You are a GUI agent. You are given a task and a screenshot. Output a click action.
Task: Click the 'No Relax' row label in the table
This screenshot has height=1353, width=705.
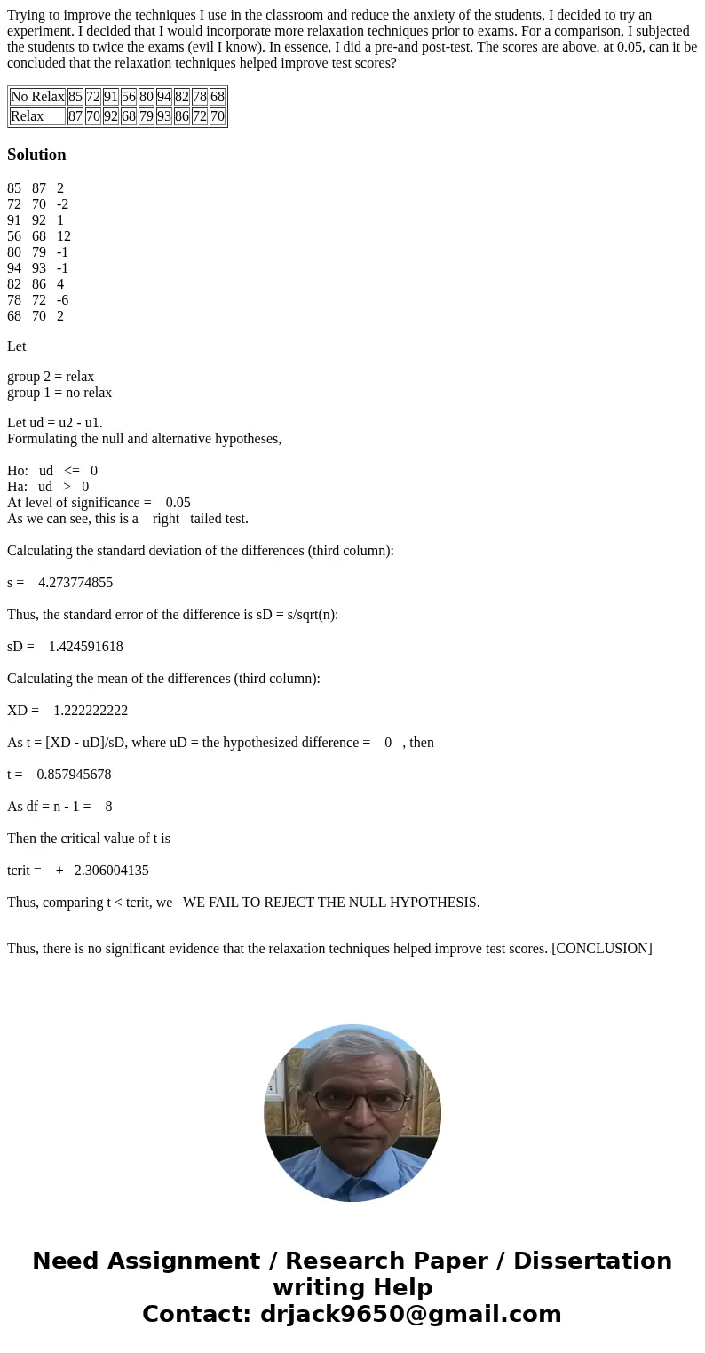tap(37, 97)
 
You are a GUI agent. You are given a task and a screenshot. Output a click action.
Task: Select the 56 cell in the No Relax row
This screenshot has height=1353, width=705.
tap(129, 97)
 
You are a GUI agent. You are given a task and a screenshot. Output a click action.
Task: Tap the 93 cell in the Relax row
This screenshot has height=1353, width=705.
tap(164, 116)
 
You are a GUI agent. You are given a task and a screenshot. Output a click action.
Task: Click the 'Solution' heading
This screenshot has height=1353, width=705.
tap(36, 155)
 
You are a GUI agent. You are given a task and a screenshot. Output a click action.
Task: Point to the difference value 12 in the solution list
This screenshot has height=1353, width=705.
tap(63, 236)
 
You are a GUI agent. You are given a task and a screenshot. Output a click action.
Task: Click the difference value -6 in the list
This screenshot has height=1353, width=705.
tap(62, 300)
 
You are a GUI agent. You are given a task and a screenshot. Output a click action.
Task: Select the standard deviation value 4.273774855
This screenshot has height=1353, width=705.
tap(75, 583)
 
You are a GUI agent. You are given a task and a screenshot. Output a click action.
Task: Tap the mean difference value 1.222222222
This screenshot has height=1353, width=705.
tap(91, 711)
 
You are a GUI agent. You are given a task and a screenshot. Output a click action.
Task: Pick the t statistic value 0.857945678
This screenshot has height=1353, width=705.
tap(74, 775)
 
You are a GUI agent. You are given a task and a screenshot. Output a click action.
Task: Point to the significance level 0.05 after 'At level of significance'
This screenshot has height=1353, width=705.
tap(178, 503)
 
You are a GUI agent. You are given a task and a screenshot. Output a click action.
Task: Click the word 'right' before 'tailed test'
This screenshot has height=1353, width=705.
tap(166, 519)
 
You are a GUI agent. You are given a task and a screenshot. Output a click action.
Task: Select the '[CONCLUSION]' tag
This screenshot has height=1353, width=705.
tap(602, 949)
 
